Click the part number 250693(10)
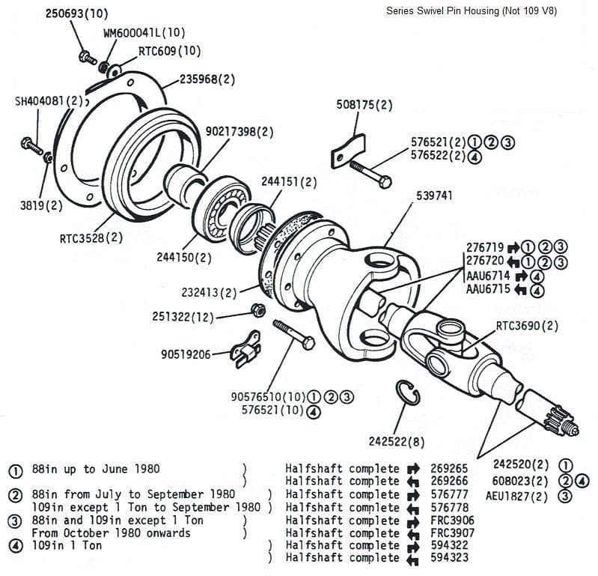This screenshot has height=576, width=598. tap(77, 14)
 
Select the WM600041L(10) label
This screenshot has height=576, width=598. tap(144, 33)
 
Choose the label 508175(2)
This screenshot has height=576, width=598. tap(364, 105)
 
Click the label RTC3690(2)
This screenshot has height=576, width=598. tap(527, 326)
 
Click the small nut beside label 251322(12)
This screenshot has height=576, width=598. tap(254, 310)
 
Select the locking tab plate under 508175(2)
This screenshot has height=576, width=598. tap(347, 148)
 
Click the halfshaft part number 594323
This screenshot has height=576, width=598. tap(449, 558)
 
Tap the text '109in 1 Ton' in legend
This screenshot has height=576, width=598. tap(67, 545)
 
